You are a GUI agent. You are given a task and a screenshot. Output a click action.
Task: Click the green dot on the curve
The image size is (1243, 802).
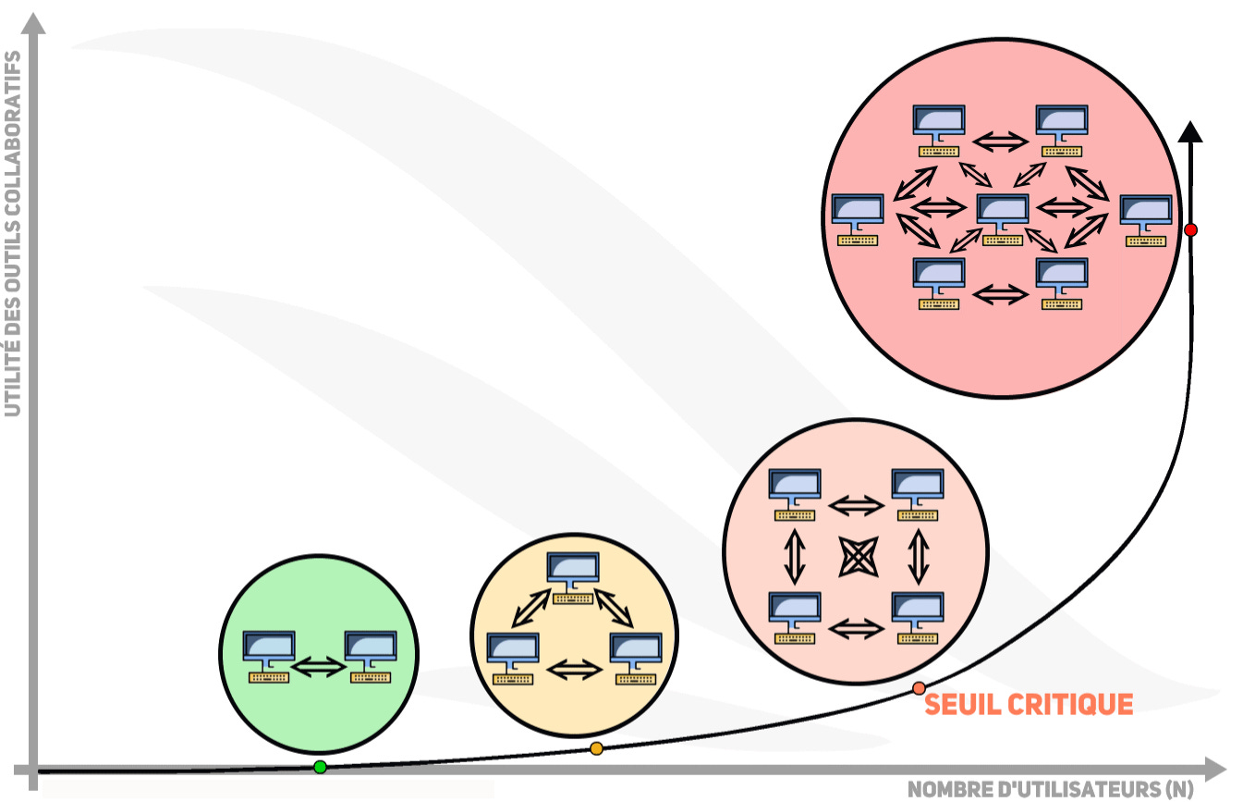click(320, 767)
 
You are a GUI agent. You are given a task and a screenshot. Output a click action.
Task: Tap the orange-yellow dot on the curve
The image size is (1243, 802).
click(596, 748)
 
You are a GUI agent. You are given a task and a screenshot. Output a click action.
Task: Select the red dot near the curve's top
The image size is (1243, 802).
click(1190, 228)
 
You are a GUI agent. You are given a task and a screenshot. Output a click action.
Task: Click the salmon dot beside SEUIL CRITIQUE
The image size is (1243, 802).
click(919, 688)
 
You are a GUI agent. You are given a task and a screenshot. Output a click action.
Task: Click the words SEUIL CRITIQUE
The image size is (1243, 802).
click(1029, 705)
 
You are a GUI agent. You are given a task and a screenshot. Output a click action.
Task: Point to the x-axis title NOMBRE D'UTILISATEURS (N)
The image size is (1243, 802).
click(1049, 789)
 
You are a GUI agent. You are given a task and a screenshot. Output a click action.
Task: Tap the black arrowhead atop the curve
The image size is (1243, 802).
click(1190, 131)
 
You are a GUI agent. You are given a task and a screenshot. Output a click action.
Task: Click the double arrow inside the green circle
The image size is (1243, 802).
click(319, 665)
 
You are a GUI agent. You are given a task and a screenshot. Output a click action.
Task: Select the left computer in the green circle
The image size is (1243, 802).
click(269, 656)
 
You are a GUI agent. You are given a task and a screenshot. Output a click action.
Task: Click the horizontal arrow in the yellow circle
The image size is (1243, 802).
click(573, 668)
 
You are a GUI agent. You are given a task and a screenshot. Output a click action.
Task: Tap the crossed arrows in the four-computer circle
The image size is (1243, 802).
click(856, 557)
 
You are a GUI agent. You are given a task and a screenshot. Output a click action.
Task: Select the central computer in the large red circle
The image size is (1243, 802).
click(1003, 218)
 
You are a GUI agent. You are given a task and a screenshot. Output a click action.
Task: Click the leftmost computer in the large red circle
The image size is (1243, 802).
click(858, 218)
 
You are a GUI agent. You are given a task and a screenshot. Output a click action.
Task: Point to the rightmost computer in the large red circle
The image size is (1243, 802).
click(1146, 219)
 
